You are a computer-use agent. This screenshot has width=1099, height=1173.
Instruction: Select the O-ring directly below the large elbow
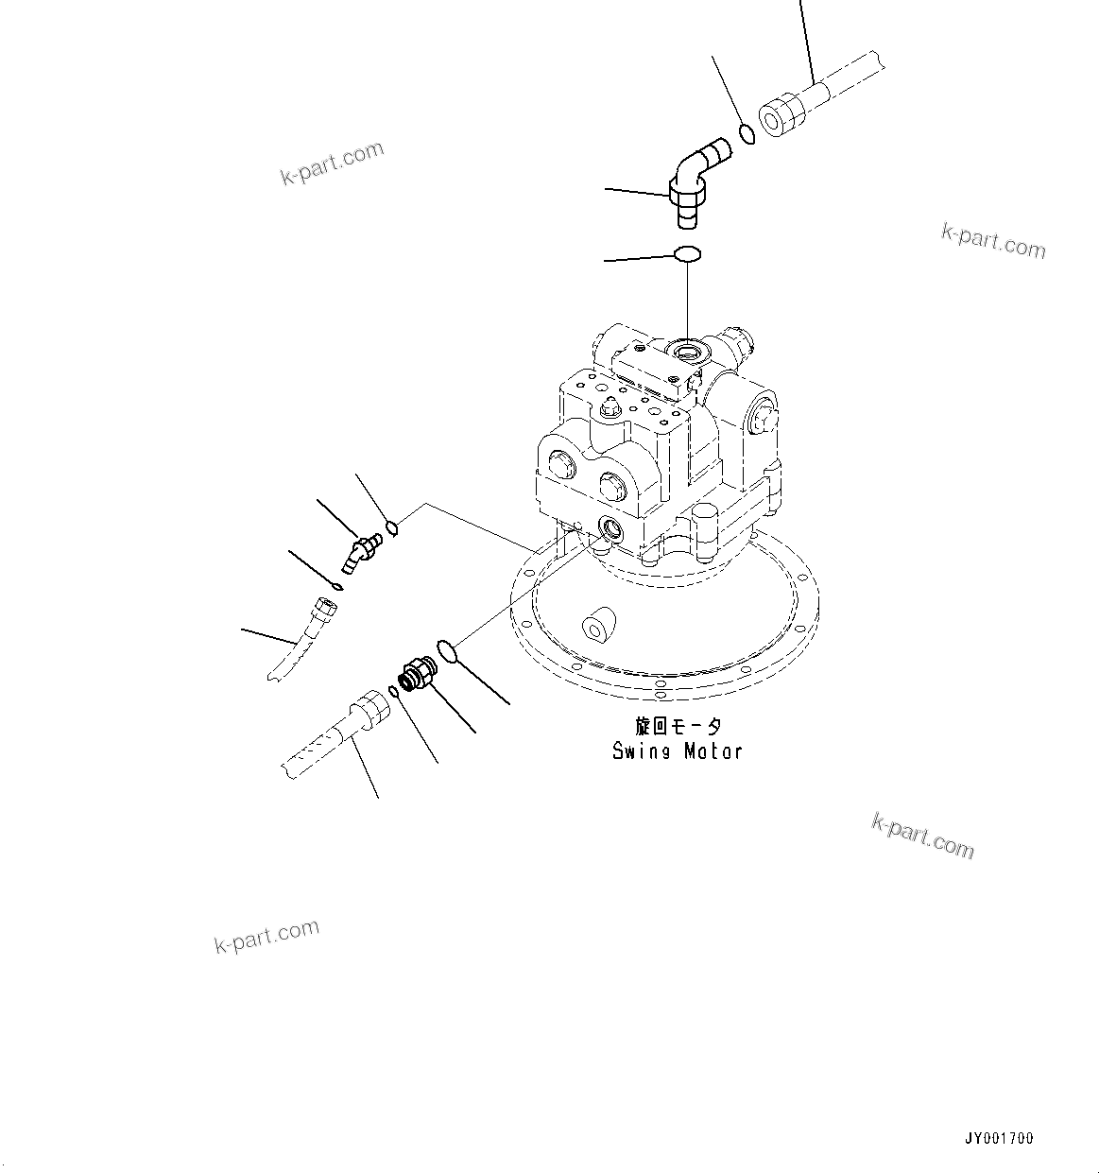687,253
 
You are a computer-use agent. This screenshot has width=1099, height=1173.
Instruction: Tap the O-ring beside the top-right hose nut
747,133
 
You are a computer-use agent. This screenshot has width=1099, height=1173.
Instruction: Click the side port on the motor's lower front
610,527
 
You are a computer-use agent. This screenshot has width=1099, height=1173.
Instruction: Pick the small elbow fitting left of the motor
362,552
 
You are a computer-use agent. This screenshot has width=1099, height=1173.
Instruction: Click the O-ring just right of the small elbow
392,527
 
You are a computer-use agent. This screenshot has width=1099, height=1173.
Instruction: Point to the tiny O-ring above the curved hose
337,587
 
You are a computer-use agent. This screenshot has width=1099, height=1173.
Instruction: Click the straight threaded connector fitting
417,673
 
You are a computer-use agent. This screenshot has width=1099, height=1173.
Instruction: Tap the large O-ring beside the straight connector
448,651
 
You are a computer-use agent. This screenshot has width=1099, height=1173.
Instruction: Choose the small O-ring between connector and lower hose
394,690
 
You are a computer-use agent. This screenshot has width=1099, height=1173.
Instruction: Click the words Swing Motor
677,751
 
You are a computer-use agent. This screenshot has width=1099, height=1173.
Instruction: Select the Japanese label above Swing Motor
678,726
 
